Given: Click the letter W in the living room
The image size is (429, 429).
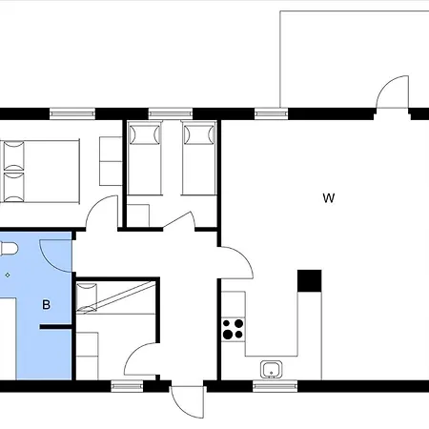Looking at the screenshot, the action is (329, 198).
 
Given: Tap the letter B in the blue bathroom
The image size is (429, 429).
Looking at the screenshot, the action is (46, 305).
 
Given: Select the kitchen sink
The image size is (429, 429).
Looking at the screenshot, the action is (271, 369).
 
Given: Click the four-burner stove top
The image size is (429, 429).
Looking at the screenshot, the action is (234, 329).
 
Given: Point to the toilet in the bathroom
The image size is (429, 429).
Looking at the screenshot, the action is (9, 249).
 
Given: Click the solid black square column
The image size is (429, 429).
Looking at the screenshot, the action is (310, 281).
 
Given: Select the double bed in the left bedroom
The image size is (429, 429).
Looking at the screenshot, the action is (40, 172).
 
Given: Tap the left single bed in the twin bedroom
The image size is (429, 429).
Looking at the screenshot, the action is (145, 158).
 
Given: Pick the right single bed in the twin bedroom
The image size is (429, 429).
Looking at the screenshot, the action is (199, 158).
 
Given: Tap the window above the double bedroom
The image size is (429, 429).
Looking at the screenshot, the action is (72, 113).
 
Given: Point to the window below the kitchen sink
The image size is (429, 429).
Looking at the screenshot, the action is (276, 386).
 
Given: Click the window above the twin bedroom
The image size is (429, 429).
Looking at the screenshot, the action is (171, 113).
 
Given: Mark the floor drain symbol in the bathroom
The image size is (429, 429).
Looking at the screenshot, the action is (8, 275).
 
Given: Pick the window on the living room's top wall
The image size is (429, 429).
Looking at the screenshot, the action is (272, 113).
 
